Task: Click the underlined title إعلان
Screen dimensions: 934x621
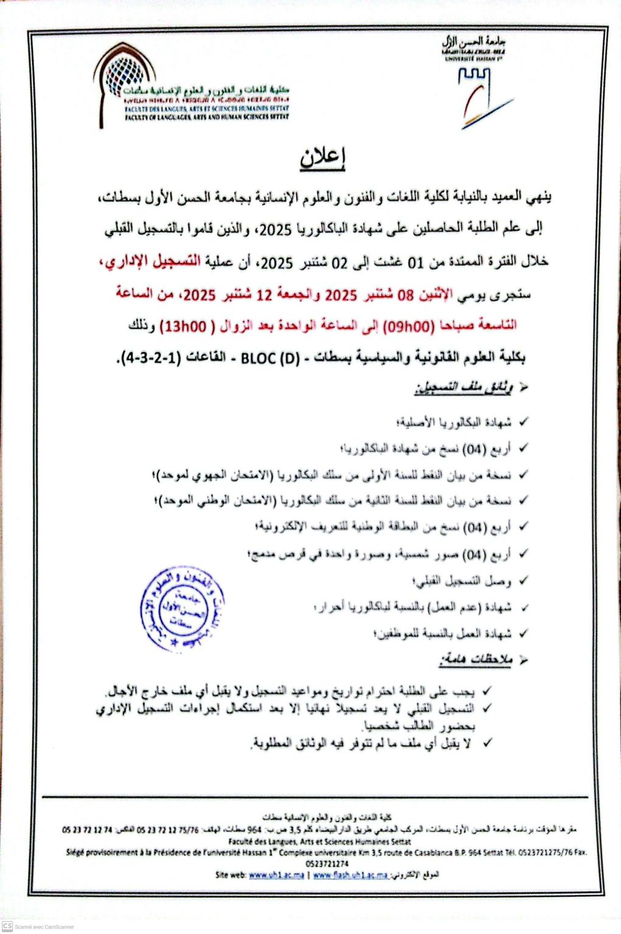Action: coord(322,157)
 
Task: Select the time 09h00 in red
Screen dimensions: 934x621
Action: coord(412,325)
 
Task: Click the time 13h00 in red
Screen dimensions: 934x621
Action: coord(183,327)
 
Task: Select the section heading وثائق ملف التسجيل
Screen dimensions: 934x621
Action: coord(464,388)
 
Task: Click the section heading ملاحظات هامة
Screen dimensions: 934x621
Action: coord(476,660)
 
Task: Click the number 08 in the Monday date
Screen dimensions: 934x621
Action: coord(405,294)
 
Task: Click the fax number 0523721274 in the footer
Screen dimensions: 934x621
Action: coord(327,863)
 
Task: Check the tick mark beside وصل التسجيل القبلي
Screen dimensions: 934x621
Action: coord(523,581)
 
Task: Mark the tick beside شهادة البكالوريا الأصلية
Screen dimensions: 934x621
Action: coord(523,421)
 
